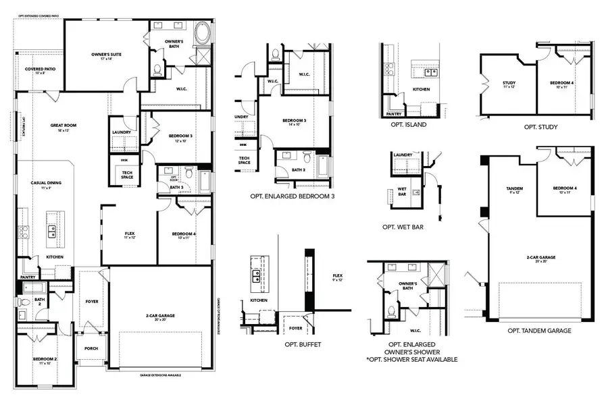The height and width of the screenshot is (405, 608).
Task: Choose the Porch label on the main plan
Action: (91, 349)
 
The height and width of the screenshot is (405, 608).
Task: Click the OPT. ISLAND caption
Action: (409, 124)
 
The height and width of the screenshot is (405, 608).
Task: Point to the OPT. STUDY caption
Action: (540, 126)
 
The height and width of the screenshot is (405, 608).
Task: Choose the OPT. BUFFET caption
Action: (303, 344)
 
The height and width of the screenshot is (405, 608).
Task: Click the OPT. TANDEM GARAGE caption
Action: (539, 331)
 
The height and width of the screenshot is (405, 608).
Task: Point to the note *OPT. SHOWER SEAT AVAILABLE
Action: (411, 360)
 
